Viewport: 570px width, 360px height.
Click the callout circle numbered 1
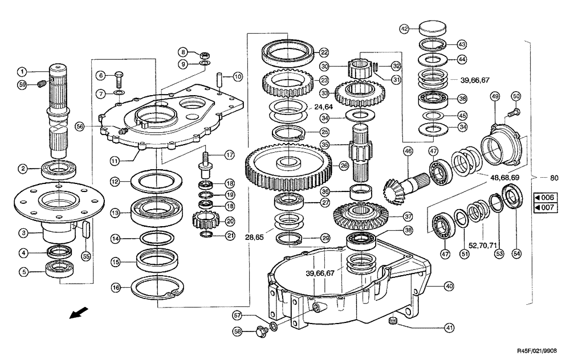(x=21, y=72)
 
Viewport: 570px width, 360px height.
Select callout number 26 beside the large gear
(x=344, y=166)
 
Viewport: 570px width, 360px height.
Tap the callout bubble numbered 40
(x=449, y=287)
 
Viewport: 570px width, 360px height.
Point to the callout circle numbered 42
(x=404, y=28)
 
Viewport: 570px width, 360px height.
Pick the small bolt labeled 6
(x=119, y=75)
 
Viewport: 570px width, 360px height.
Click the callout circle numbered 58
(x=238, y=331)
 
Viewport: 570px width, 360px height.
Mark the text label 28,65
(x=255, y=236)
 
